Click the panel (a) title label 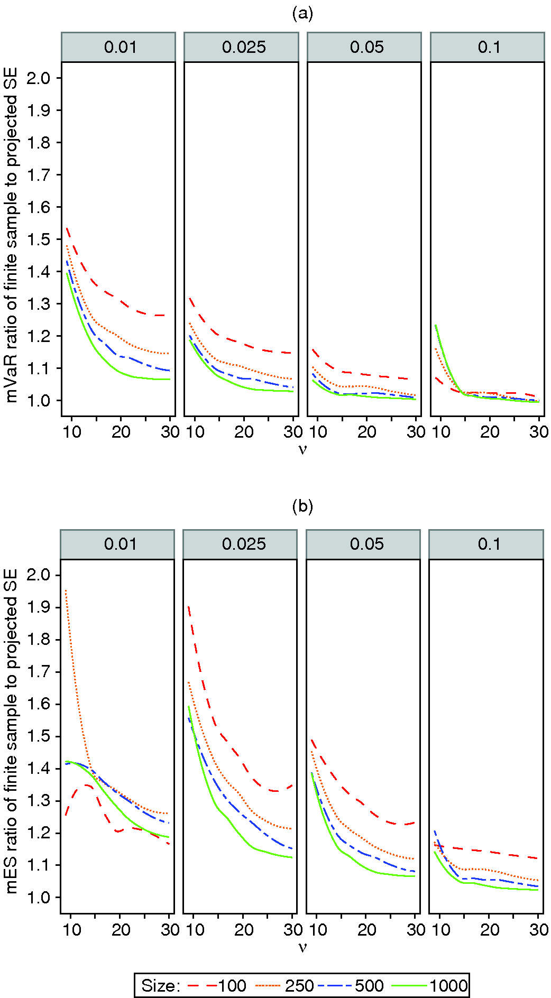click(x=302, y=14)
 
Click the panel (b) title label click(x=302, y=506)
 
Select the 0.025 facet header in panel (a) click(x=244, y=47)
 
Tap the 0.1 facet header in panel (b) click(x=489, y=544)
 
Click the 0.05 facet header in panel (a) click(x=366, y=47)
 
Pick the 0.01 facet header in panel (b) click(x=120, y=544)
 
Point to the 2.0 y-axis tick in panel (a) click(x=39, y=78)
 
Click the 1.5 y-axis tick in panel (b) click(x=39, y=736)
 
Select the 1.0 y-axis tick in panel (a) click(x=39, y=401)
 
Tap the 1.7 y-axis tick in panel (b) click(x=39, y=672)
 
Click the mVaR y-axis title click(x=12, y=235)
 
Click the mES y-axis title click(x=12, y=731)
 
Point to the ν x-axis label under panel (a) click(x=302, y=450)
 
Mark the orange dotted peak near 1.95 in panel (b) click(x=66, y=590)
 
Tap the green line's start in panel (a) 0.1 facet click(x=436, y=326)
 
